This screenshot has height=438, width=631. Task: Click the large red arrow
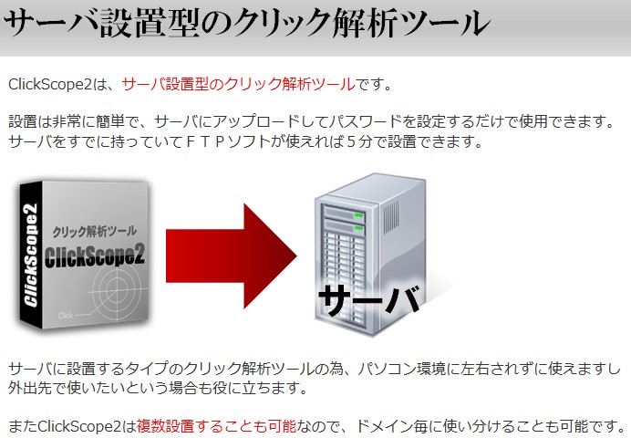(x=232, y=256)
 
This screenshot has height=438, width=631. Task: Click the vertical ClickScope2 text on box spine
(x=31, y=255)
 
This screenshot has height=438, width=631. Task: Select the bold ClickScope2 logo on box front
(x=94, y=255)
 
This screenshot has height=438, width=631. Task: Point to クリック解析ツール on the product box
(x=95, y=232)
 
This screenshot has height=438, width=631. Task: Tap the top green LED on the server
(x=358, y=216)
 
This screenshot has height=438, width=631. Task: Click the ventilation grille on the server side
(x=391, y=217)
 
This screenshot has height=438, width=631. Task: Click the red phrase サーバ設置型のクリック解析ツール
(x=238, y=85)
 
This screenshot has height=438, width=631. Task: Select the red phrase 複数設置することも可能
(x=216, y=426)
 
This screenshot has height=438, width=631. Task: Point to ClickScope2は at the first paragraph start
(x=57, y=85)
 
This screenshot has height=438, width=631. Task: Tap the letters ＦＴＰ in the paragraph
(x=206, y=141)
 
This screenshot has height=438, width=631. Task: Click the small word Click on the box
(x=66, y=315)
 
